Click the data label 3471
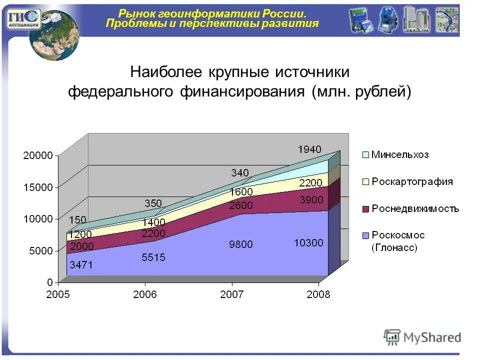(80, 265)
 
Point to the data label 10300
(308, 243)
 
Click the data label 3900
(311, 200)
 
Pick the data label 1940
(309, 149)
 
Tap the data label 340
(239, 173)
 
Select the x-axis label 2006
(145, 294)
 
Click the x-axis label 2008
(318, 294)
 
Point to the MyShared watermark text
(432, 337)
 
